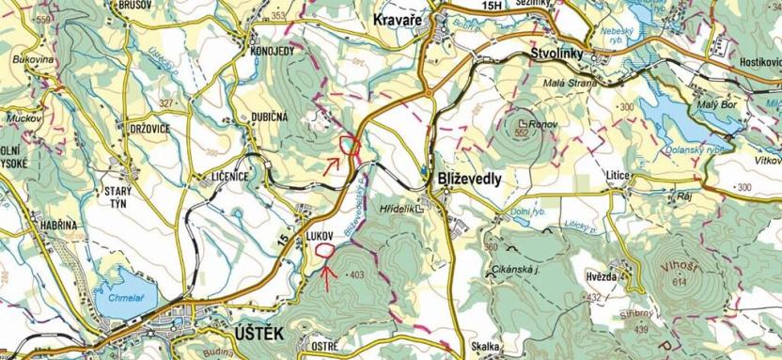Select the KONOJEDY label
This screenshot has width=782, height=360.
273,51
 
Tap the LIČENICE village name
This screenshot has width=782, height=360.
223,176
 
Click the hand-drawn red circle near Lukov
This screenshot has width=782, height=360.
325,250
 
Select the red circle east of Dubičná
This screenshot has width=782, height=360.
352,145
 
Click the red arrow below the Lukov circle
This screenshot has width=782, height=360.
326,274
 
